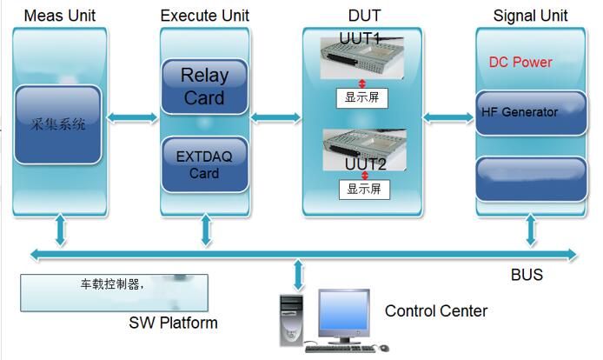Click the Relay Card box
point(203,85)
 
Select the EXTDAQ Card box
point(203,164)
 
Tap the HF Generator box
point(520,113)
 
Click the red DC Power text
point(520,63)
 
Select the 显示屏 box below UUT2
point(361,187)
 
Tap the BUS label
point(527,275)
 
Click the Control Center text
point(436,310)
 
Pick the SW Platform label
point(173,323)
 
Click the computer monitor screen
point(344,313)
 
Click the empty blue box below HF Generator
point(520,178)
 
